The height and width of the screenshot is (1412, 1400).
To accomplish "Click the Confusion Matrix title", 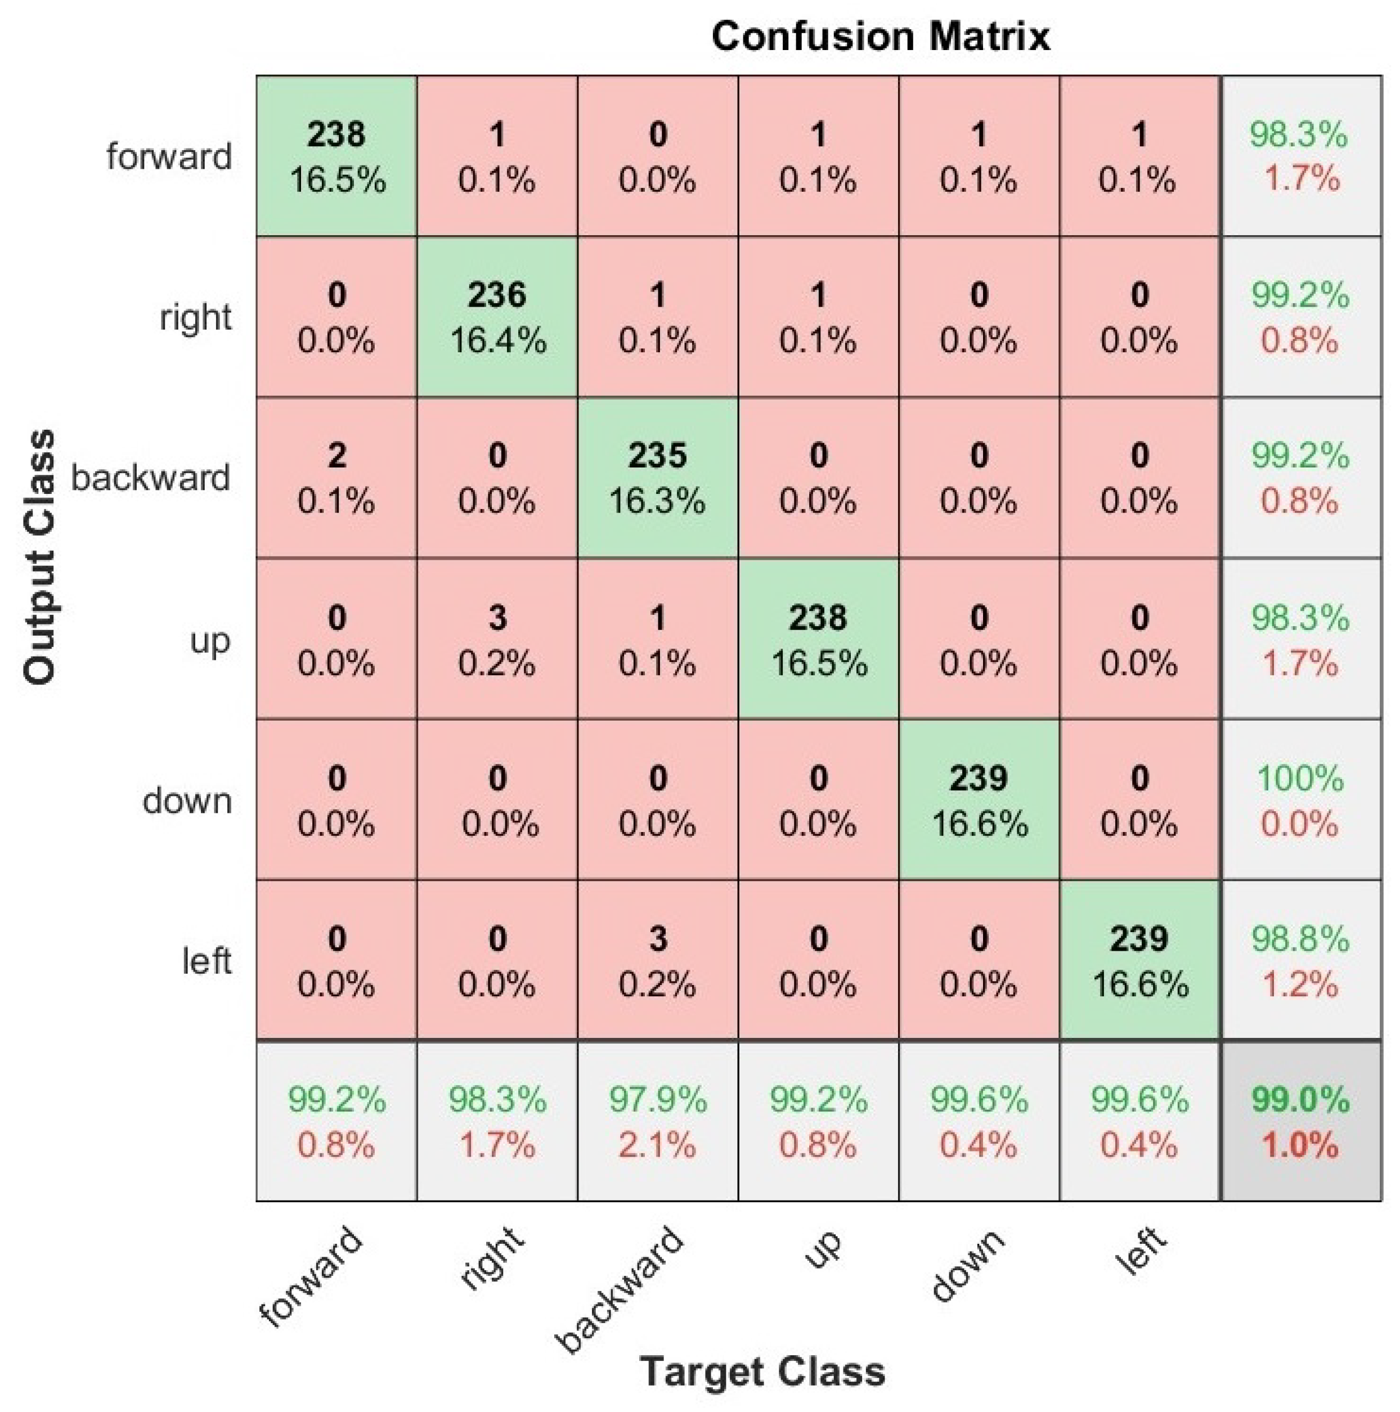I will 880,37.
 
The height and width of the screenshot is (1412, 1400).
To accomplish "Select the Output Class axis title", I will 39,557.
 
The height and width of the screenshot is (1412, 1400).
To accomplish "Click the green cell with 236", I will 497,317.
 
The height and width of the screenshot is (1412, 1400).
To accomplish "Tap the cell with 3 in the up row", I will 497,638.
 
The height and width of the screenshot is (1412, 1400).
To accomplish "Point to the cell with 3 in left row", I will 657,960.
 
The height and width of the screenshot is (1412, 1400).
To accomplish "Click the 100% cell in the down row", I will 1300,799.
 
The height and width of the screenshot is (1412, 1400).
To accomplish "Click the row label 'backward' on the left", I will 151,478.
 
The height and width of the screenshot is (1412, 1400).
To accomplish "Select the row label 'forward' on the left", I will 169,156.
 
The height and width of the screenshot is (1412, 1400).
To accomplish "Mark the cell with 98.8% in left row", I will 1300,960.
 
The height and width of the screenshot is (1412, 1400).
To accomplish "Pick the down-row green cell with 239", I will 979,799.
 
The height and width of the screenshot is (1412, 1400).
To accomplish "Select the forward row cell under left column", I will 1139,156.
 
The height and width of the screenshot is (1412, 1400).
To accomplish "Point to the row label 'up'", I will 210,641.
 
